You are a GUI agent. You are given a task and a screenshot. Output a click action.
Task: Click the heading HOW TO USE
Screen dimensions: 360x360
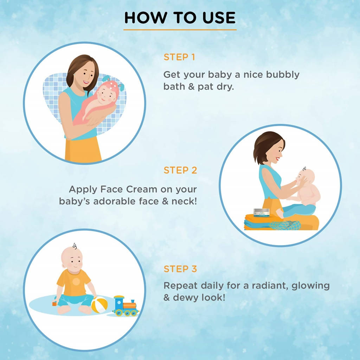pos(180,18)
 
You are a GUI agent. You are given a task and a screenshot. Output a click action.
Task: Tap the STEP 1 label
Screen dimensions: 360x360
pos(179,57)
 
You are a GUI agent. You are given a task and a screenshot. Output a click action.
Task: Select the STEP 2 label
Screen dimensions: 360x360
pos(180,170)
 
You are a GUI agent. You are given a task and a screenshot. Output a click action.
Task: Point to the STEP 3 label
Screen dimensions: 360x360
pos(180,269)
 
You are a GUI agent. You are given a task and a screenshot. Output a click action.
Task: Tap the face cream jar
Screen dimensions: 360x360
pos(262,213)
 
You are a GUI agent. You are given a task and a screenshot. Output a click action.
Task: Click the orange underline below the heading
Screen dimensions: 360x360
pos(180,30)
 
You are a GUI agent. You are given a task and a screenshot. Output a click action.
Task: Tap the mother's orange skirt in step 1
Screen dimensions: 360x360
pos(83,149)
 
